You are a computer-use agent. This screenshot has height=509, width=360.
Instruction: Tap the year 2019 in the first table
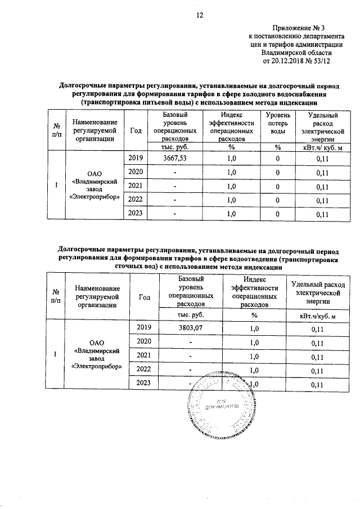(x=137, y=159)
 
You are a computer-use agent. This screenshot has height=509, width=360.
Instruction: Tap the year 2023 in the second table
(x=145, y=384)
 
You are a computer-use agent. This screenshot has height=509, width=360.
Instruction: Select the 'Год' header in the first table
(x=135, y=130)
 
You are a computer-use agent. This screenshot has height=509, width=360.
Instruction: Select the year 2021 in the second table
(x=145, y=356)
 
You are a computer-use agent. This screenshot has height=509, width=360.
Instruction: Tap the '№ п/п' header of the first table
(x=56, y=130)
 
